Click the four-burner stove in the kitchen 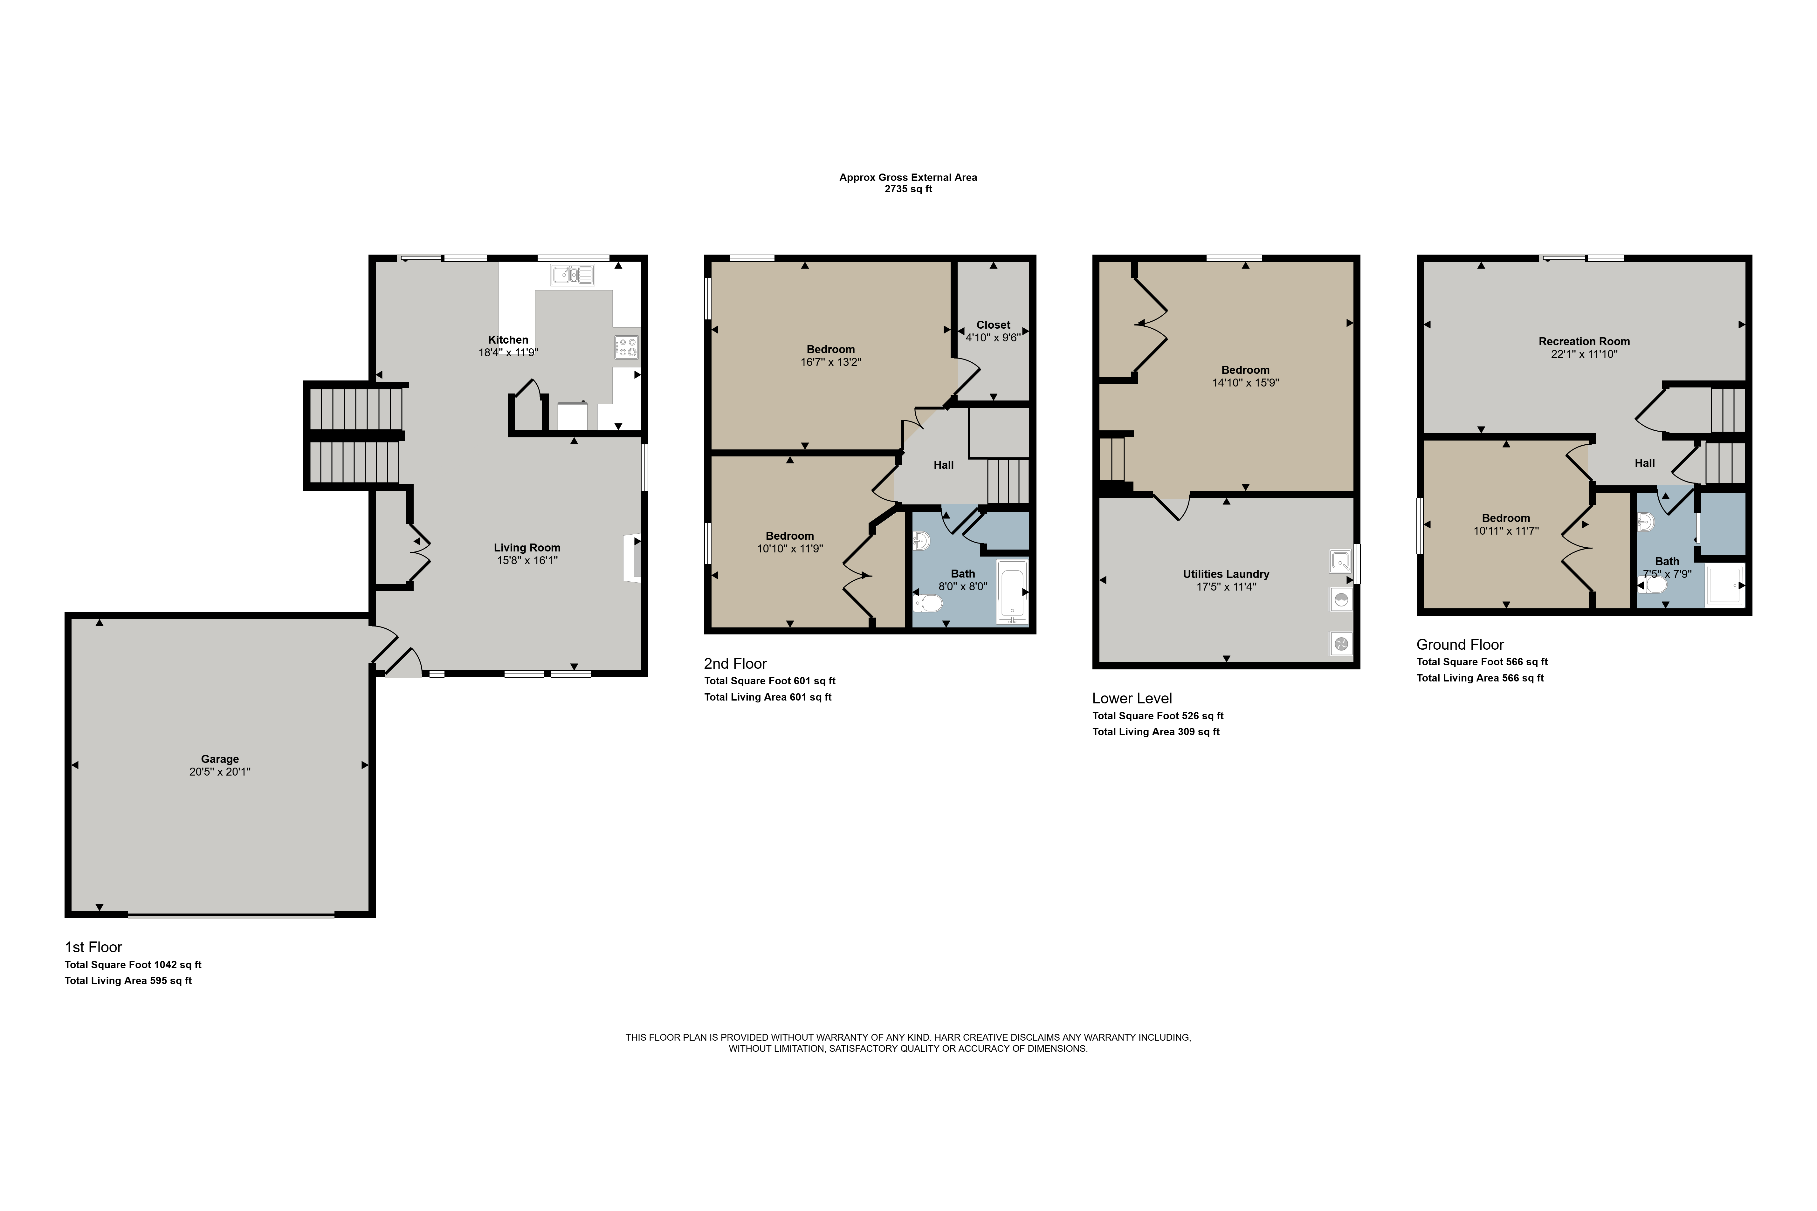click(x=627, y=347)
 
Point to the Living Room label click(x=527, y=548)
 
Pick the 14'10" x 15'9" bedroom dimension click(x=1245, y=382)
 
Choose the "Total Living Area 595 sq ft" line click(x=128, y=981)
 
